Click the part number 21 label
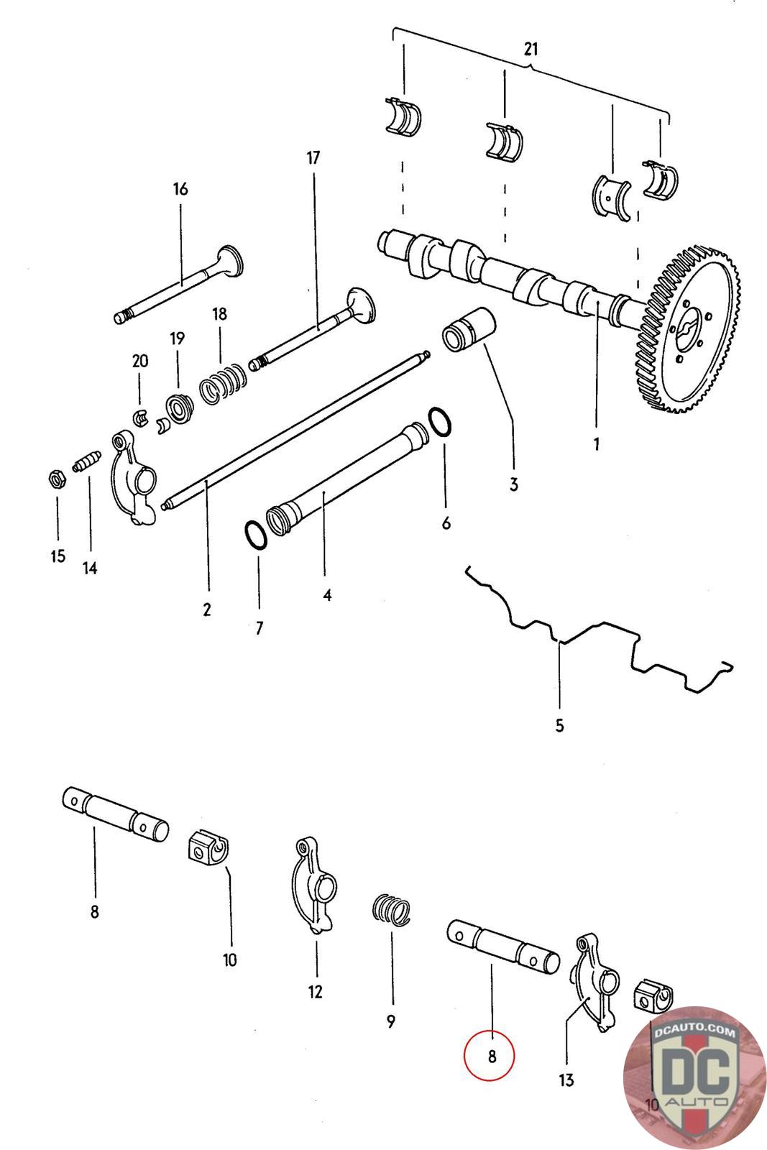coord(531,50)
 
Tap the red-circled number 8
coord(491,1056)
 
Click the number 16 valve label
coord(180,189)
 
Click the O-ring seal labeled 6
coord(441,421)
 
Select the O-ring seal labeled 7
coord(254,535)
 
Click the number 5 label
coord(560,725)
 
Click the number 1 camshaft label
coord(596,443)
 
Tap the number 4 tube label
coord(327,595)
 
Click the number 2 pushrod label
coord(207,609)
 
